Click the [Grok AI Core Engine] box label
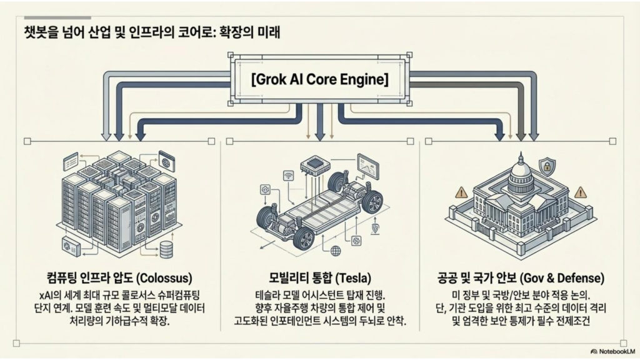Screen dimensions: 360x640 click(x=319, y=80)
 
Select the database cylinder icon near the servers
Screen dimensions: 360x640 click(x=167, y=249)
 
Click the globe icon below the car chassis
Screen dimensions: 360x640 click(x=336, y=251)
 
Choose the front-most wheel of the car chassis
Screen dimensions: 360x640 click(x=303, y=238)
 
